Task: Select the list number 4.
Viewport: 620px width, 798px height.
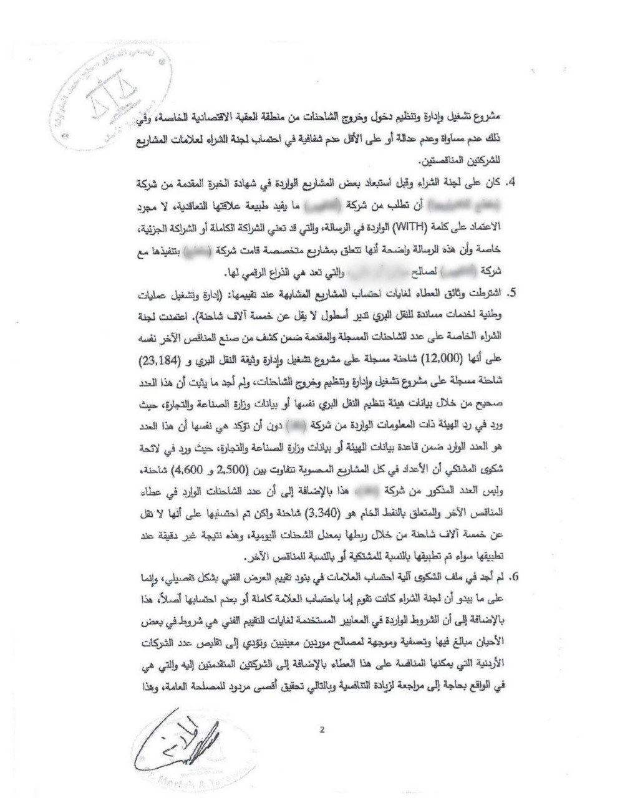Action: tap(514, 184)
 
